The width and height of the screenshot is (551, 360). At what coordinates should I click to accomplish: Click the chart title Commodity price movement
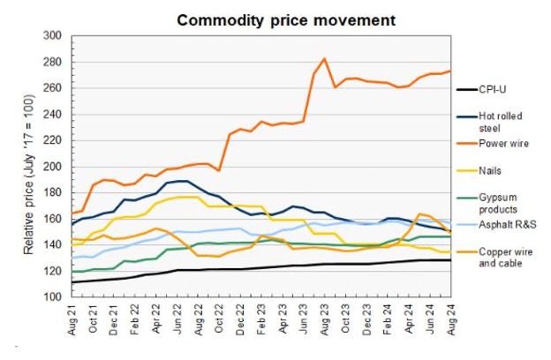click(275, 19)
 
